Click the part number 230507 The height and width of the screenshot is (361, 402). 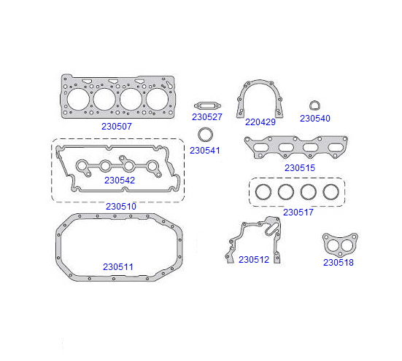[117, 127]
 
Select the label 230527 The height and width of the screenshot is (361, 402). [207, 117]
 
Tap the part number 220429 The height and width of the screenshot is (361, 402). [260, 122]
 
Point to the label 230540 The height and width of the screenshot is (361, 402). [315, 119]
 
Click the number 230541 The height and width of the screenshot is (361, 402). [205, 151]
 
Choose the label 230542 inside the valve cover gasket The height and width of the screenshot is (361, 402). [120, 180]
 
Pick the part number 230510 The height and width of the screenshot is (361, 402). [121, 207]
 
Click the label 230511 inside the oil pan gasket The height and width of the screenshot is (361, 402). [118, 267]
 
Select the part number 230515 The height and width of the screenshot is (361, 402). [300, 168]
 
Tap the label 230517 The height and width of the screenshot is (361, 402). [298, 212]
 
